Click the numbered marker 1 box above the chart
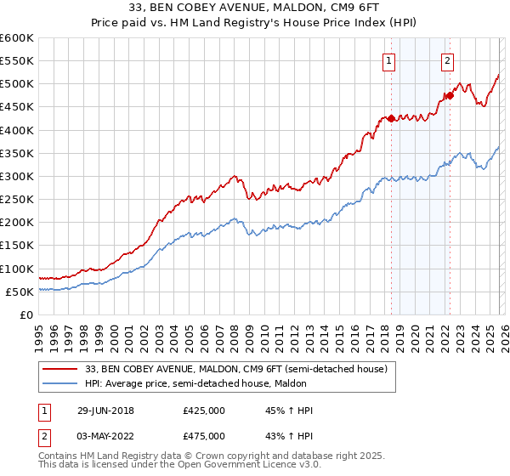point(388,60)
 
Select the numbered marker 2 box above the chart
point(447,60)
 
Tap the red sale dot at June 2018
point(391,119)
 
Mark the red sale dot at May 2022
point(450,96)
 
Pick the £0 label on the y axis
point(25,314)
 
